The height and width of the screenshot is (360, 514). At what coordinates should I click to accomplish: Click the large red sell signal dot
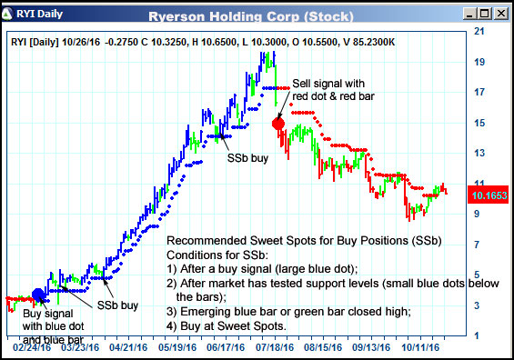click(278, 123)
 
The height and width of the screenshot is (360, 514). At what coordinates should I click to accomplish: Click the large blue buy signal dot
click(39, 295)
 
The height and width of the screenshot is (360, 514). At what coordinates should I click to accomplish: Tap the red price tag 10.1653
click(489, 195)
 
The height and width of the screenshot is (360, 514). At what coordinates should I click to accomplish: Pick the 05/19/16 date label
click(179, 346)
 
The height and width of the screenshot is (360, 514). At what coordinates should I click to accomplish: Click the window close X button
click(499, 13)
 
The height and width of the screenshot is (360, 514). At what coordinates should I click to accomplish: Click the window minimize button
click(469, 13)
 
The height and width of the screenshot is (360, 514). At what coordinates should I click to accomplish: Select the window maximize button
click(484, 13)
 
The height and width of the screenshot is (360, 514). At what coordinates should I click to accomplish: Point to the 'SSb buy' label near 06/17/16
click(247, 156)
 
